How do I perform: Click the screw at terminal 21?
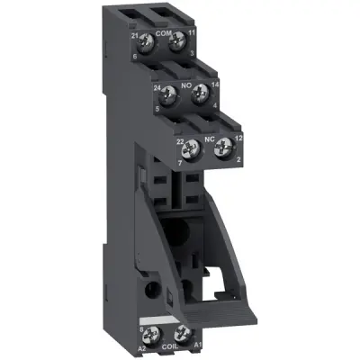[x=145, y=39]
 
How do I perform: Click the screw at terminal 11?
[x=177, y=39]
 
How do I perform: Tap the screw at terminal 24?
[x=167, y=90]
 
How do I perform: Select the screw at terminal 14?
[x=200, y=90]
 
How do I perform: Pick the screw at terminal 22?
[x=192, y=142]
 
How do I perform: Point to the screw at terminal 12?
[x=224, y=142]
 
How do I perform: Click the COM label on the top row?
[x=162, y=31]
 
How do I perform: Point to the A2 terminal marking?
[x=142, y=342]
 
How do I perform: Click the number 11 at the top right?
[x=192, y=31]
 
